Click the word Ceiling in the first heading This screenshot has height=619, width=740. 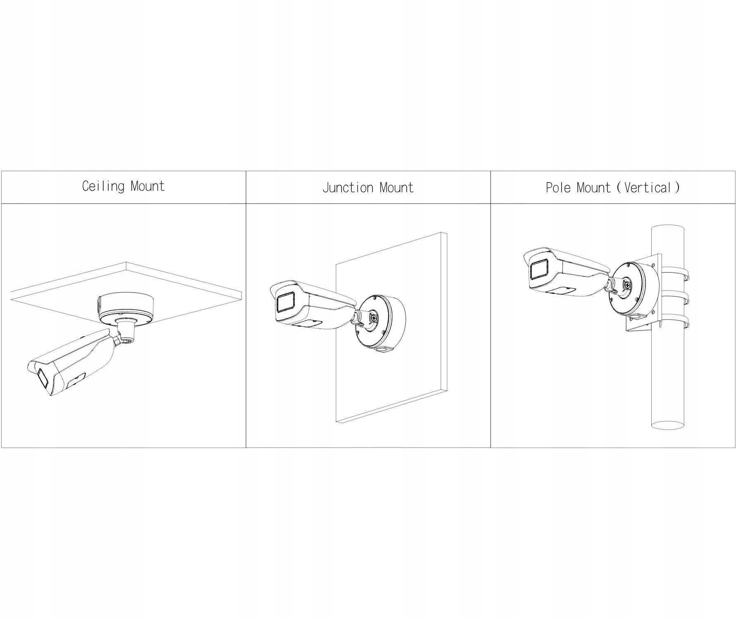[103, 187]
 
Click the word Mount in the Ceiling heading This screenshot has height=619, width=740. [148, 187]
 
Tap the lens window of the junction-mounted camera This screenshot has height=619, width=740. [285, 304]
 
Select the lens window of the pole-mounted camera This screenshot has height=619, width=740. [539, 271]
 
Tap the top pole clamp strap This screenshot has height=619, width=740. [677, 274]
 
